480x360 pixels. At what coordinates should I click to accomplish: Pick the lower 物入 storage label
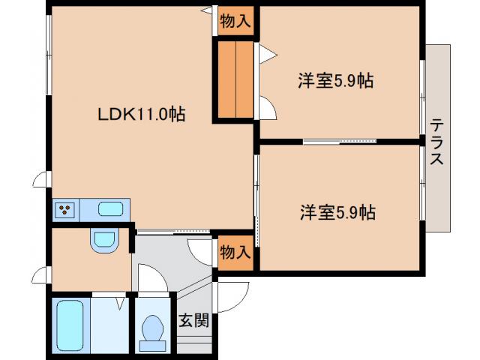click(234, 253)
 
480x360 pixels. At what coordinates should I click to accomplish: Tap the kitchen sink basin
click(111, 208)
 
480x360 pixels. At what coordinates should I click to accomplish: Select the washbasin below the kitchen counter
click(103, 241)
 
